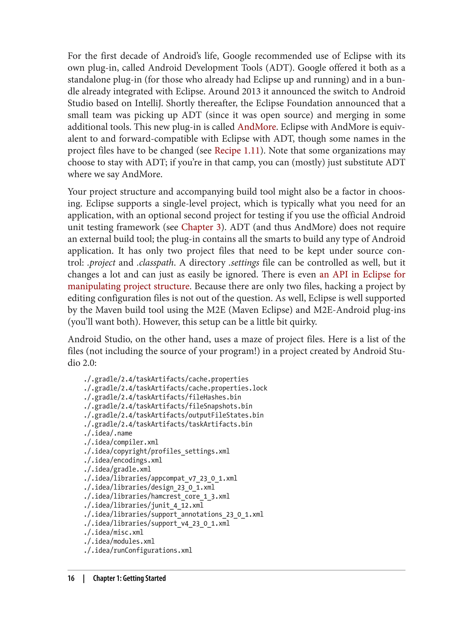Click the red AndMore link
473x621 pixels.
(x=257, y=127)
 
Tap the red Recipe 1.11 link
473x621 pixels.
(x=237, y=150)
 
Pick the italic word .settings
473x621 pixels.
(x=244, y=262)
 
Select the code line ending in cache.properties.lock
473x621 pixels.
(x=175, y=388)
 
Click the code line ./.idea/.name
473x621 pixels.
(x=108, y=433)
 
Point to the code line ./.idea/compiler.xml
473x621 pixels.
(x=121, y=442)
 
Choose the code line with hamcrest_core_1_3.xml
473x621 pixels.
(x=157, y=496)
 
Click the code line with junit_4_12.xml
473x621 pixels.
(x=144, y=505)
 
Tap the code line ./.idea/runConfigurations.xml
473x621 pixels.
(x=138, y=550)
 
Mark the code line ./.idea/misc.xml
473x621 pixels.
(x=114, y=532)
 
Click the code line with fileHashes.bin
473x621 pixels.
(x=162, y=397)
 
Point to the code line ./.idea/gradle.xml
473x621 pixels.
(x=117, y=469)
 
